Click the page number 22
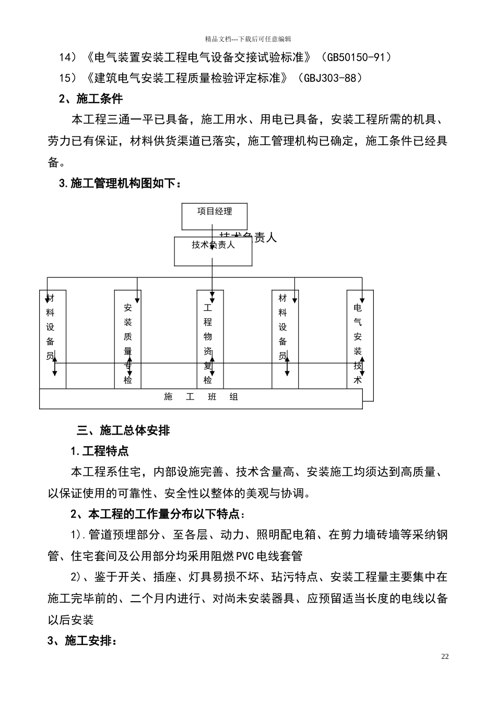coord(445,657)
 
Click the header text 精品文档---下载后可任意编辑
coord(248,39)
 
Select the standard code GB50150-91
coord(357,57)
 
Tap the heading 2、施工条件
coord(91,99)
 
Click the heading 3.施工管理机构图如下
coord(121,183)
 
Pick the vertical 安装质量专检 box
coord(128,340)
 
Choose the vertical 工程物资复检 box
coord(208,340)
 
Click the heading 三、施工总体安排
coord(123,431)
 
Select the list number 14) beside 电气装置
coord(68,57)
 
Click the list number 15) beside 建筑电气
coord(68,78)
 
